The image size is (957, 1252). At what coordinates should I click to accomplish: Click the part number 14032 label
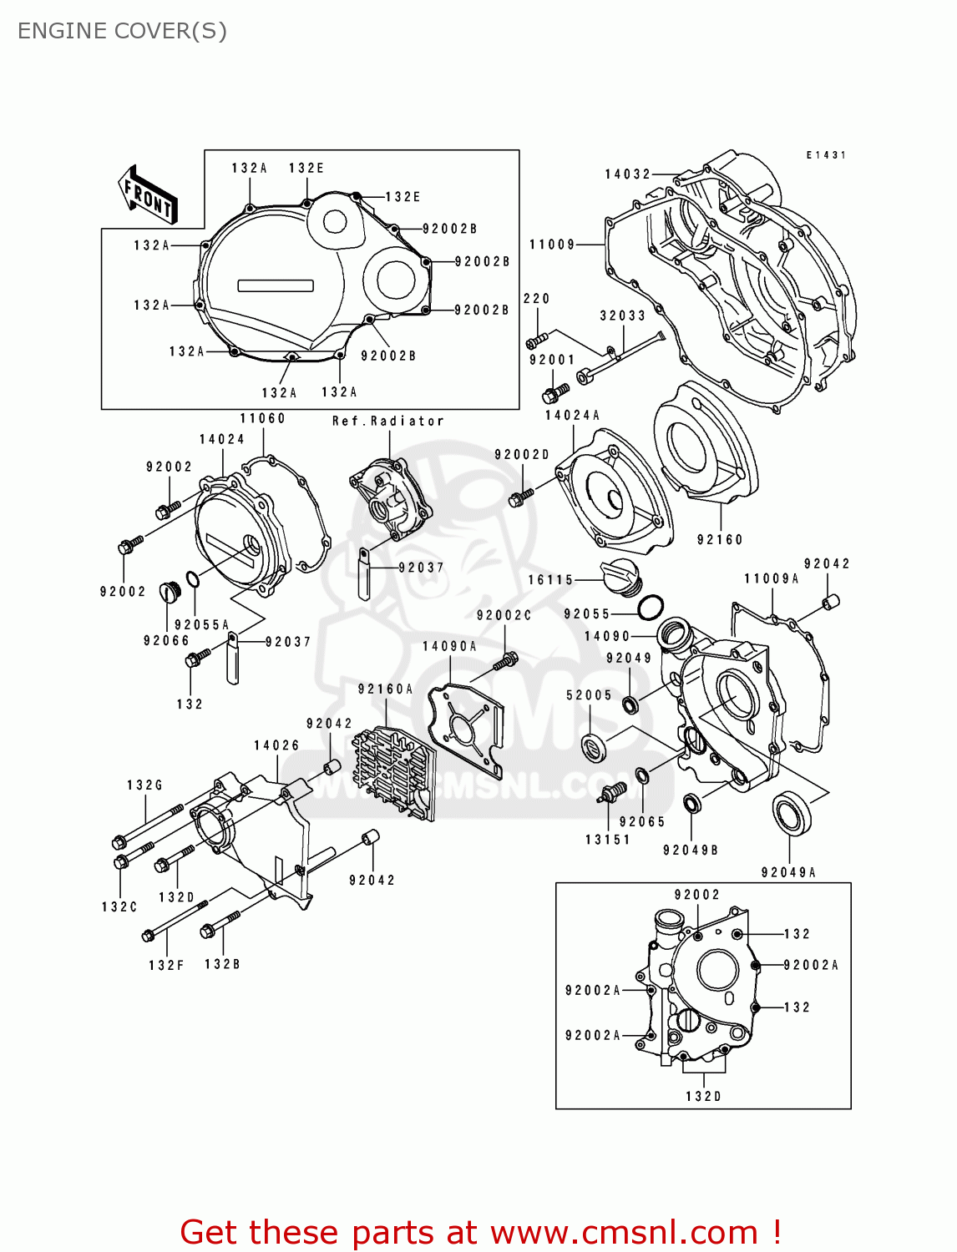[627, 174]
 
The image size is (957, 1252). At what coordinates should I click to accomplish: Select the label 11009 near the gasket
[552, 245]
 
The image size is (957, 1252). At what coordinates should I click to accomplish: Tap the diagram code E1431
[826, 155]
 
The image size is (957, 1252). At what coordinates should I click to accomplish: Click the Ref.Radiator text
[387, 422]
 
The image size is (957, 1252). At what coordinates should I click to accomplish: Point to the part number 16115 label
[550, 580]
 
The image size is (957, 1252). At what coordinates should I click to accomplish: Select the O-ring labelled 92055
[651, 608]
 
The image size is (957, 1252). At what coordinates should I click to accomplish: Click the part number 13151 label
[607, 840]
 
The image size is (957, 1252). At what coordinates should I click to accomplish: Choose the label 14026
[276, 745]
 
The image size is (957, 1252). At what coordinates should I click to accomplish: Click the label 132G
[144, 785]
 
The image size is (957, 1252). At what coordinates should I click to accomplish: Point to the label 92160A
[385, 689]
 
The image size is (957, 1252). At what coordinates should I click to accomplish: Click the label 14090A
[449, 647]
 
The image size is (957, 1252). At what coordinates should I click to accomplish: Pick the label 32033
[622, 316]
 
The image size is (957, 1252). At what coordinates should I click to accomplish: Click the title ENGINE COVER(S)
[122, 31]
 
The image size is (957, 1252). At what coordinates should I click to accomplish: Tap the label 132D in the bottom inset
[703, 1096]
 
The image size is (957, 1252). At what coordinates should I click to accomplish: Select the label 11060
[262, 419]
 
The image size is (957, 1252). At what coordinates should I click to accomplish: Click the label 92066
[166, 641]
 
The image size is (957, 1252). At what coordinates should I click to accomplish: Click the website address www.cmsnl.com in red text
[623, 1233]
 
